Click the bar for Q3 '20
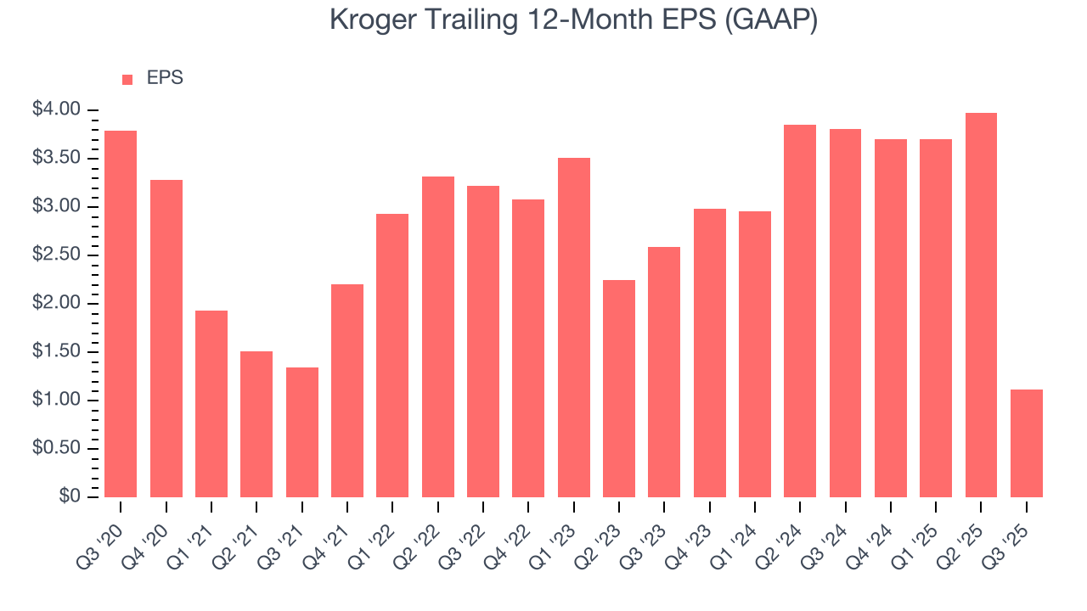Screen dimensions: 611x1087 121,314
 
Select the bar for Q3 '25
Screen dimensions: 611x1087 1027,443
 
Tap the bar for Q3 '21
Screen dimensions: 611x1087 301,432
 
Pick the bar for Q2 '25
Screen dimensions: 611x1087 981,305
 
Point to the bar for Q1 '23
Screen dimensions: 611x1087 573,328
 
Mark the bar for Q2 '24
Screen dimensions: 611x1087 800,311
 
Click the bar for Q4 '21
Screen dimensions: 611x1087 347,390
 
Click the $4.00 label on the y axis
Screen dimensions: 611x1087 56,109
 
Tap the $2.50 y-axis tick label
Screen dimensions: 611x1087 56,255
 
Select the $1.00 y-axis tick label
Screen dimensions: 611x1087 56,400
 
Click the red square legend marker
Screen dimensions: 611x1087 127,79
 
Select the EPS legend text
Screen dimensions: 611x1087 165,78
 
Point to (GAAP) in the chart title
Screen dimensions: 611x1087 773,20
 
